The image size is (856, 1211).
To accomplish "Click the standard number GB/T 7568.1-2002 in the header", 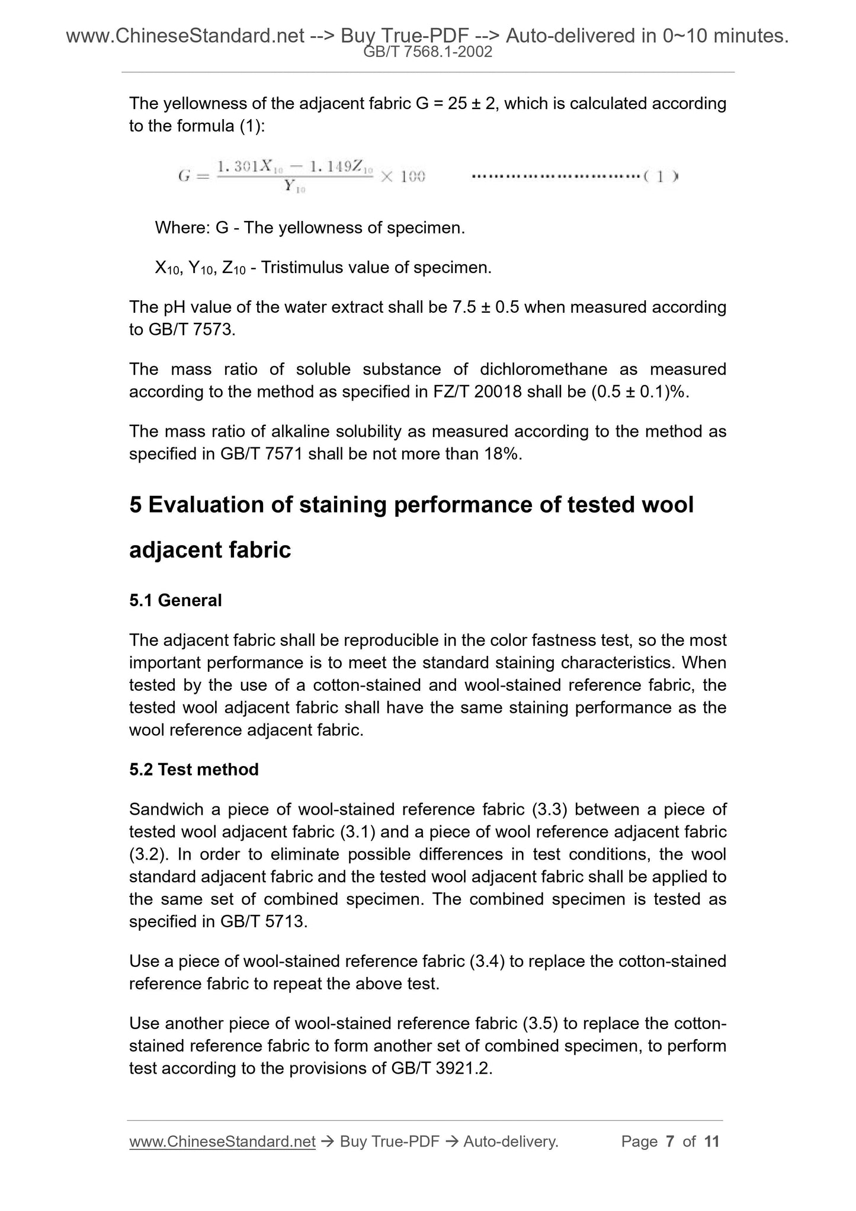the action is coord(427,52).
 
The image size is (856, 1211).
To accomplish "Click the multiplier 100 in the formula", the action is coord(412,177).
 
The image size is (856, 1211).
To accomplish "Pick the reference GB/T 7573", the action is coord(181,329).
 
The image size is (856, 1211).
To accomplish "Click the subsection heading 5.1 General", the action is coord(175,600).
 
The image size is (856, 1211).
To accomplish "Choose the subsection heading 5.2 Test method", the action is coord(194,769).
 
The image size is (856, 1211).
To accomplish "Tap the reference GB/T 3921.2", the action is coord(441,1068).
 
